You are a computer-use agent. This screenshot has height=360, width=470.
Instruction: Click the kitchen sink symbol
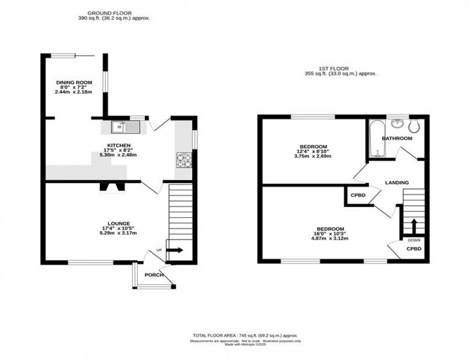[125, 127]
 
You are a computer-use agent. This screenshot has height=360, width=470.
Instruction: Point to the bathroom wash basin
[397, 124]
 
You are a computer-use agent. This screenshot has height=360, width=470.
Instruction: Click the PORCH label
[154, 275]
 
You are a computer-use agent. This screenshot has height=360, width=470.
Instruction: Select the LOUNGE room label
[118, 223]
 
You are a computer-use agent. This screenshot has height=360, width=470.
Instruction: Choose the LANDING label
[397, 183]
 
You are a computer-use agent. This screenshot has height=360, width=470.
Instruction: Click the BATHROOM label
[397, 139]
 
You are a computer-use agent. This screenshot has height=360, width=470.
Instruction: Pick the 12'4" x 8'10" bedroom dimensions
[313, 152]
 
